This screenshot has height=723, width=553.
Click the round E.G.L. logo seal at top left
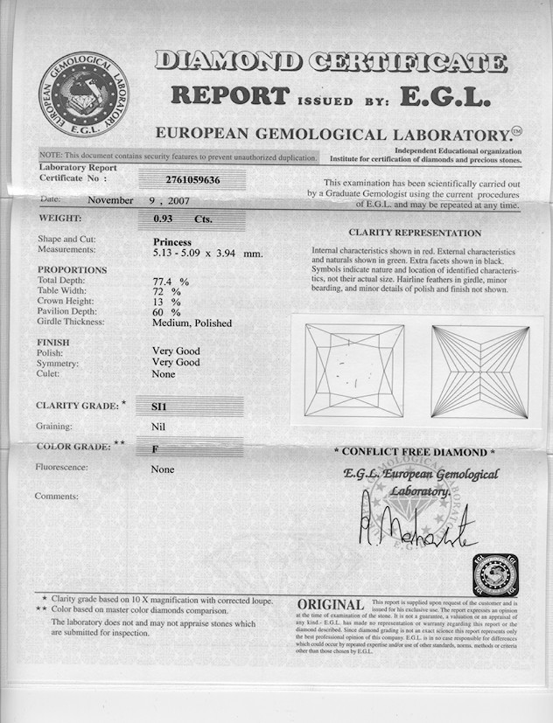pyautogui.click(x=83, y=94)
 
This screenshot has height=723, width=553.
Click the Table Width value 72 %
pyautogui.click(x=166, y=292)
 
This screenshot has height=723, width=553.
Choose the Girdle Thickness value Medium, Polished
pyautogui.click(x=192, y=323)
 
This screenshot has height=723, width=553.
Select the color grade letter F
pyautogui.click(x=155, y=447)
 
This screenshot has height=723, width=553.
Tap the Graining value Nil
pyautogui.click(x=158, y=427)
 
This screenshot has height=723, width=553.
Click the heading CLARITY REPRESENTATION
pyautogui.click(x=415, y=233)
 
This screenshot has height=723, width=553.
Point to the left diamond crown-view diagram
pyautogui.click(x=353, y=370)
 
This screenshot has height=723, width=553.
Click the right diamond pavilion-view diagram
pyautogui.click(x=479, y=371)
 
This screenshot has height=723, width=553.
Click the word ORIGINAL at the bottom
pyautogui.click(x=331, y=605)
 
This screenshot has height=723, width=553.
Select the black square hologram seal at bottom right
pyautogui.click(x=495, y=575)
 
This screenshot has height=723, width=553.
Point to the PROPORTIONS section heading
pyautogui.click(x=72, y=270)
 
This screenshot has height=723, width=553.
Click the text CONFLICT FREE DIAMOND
pyautogui.click(x=415, y=452)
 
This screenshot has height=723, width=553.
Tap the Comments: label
pyautogui.click(x=57, y=497)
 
